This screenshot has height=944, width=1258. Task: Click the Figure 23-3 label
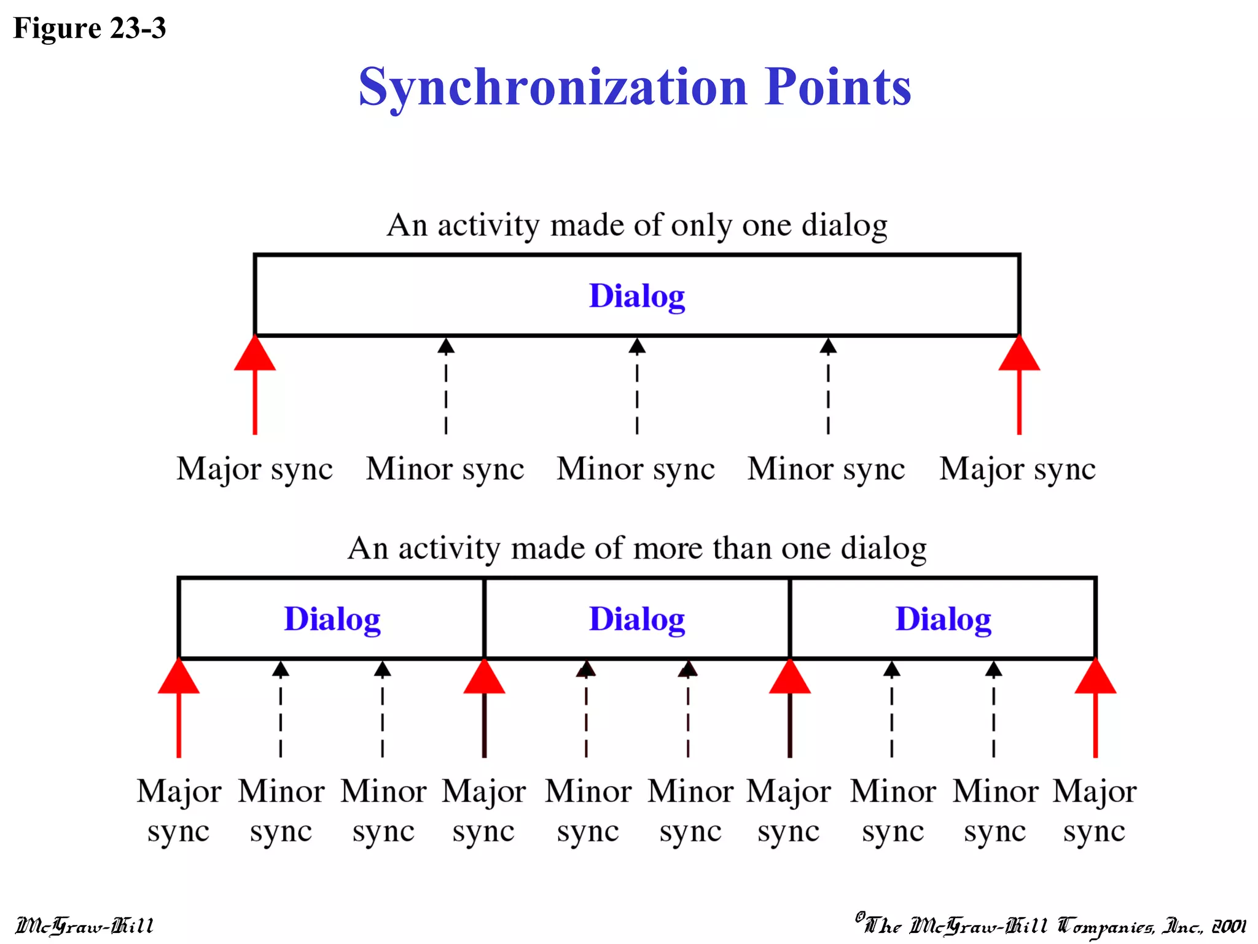coord(90,28)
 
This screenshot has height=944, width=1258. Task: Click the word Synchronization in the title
coord(553,87)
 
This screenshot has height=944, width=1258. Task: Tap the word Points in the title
coord(838,87)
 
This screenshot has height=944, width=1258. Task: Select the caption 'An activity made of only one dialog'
coord(636,225)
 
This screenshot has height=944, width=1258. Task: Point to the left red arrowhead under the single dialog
coord(255,355)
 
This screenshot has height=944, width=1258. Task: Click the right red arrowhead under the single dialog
coord(1019,355)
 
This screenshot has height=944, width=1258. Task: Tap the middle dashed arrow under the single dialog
coord(637,387)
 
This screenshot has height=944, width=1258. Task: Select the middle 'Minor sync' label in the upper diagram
coord(636,469)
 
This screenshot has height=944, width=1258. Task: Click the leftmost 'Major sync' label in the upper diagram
coord(254,469)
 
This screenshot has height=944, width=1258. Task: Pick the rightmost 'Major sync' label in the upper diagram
coord(1017,469)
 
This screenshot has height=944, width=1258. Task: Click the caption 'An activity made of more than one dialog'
coord(637,548)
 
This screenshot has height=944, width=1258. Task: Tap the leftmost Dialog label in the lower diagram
coord(332,619)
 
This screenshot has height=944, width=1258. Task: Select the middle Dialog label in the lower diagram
coord(637,619)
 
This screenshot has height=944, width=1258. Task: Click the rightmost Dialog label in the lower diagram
coord(943,619)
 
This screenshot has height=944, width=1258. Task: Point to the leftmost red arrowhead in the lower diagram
coord(179,677)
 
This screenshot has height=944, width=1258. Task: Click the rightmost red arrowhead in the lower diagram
coord(1095,677)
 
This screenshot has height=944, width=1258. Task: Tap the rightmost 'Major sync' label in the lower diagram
coord(1095,811)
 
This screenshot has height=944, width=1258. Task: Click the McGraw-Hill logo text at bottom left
coord(84,926)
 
